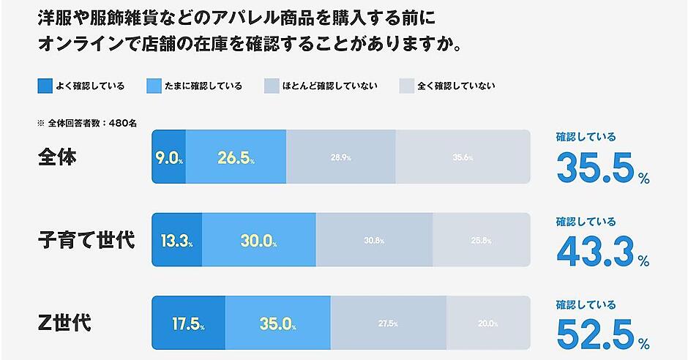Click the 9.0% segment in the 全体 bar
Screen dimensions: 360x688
(168, 157)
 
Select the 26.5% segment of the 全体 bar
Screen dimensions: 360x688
(236, 157)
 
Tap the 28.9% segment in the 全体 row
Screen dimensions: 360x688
(340, 157)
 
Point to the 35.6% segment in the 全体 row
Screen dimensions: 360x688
(462, 157)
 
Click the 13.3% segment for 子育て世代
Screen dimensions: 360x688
(176, 240)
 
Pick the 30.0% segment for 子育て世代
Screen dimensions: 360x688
(258, 240)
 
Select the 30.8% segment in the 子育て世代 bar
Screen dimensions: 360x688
(374, 240)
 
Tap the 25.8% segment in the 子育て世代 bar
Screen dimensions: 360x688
(481, 240)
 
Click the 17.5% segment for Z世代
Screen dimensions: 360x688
(188, 323)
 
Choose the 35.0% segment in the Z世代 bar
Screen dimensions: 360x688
(277, 323)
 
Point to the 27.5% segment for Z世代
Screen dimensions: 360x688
(388, 323)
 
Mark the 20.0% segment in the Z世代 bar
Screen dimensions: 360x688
(487, 323)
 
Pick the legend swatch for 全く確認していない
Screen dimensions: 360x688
(406, 86)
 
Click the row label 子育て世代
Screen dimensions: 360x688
(86, 239)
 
